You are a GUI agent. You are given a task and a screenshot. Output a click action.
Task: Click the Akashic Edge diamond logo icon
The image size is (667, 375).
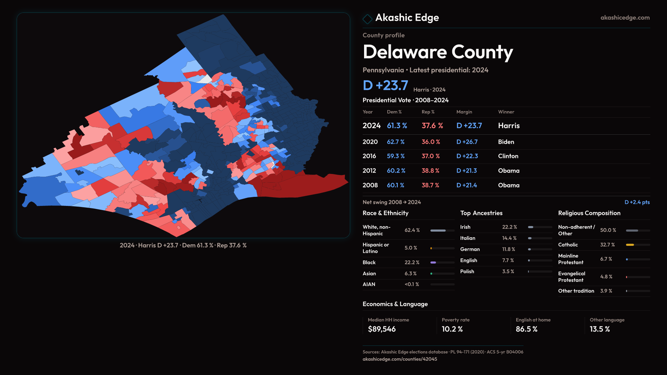point(367,18)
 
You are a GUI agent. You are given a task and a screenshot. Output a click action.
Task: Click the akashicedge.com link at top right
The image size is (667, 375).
point(625,18)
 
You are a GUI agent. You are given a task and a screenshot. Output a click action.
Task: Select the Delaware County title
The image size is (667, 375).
point(438,52)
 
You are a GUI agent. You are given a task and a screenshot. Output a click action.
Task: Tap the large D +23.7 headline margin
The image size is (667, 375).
point(385,85)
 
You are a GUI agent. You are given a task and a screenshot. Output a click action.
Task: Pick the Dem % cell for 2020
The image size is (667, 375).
point(396,142)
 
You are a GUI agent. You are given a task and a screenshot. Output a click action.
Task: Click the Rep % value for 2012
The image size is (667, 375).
point(430,171)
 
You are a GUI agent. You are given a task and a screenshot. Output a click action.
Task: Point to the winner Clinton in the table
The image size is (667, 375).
point(508,156)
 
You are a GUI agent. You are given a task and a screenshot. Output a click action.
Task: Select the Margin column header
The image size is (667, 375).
point(464,112)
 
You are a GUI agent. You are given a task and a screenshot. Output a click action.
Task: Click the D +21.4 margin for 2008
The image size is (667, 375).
point(467,185)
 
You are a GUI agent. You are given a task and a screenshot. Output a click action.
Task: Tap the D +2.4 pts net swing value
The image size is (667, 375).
point(637,202)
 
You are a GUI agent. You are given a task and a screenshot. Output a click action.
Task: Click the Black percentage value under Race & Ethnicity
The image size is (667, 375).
point(412,262)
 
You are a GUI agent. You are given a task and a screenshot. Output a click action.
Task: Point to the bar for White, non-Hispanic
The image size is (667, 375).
point(438,231)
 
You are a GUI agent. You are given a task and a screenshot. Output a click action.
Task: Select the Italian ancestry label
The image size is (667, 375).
point(468,238)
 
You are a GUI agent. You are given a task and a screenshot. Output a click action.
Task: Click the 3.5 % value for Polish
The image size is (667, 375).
point(508,272)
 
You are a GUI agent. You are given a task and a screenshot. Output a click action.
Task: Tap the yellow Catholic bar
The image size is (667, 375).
point(630,245)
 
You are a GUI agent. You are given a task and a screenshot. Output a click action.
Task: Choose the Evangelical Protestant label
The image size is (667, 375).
point(571,277)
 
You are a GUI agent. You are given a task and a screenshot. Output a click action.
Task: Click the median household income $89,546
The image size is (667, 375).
point(381,329)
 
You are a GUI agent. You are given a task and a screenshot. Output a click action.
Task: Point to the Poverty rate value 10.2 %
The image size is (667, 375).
point(452,329)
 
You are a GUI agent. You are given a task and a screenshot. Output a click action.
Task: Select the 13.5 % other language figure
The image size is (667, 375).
point(600,329)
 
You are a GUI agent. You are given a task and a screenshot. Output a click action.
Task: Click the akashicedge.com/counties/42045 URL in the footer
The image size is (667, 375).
point(400,359)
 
